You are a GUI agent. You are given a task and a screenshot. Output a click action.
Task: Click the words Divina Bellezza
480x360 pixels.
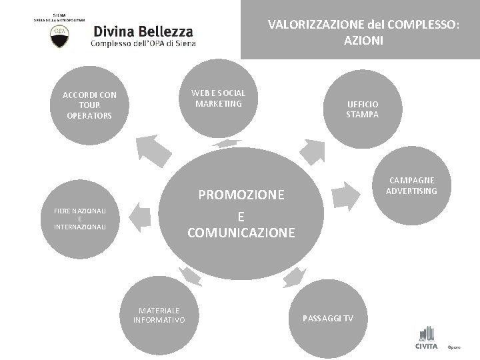143,31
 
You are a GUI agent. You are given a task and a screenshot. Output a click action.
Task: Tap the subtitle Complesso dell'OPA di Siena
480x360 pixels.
143,44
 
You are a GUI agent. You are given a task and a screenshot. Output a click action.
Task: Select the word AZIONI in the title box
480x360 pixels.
364,40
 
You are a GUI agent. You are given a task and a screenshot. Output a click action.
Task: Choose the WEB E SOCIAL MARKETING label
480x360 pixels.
219,98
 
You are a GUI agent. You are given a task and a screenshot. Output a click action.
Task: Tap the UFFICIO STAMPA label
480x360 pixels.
363,109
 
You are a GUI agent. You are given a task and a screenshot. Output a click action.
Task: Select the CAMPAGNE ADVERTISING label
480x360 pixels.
411,186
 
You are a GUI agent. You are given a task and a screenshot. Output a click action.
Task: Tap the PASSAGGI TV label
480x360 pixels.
330,319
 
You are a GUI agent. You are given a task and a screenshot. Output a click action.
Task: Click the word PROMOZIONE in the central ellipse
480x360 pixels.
241,195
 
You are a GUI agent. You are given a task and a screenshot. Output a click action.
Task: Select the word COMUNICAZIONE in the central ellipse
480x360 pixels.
241,233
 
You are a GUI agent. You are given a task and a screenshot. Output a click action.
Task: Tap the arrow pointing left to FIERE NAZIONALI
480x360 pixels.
139,217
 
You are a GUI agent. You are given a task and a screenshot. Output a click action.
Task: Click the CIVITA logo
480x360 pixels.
427,339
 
